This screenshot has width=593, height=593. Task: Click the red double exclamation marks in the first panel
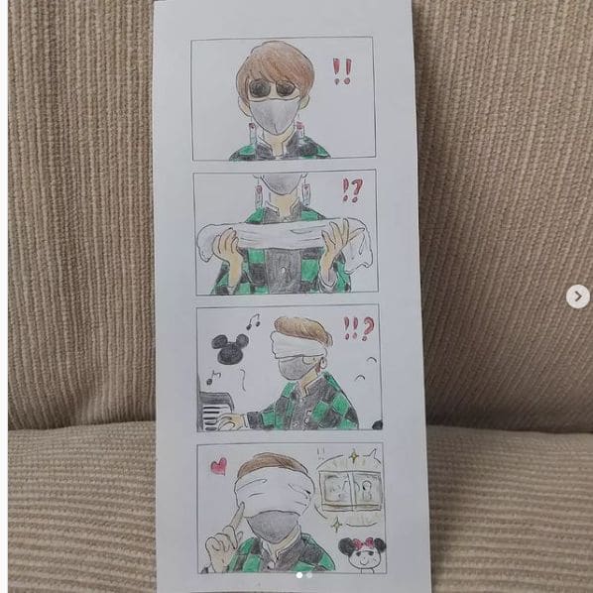pyautogui.click(x=342, y=71)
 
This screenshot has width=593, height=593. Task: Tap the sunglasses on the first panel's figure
pyautogui.click(x=273, y=89)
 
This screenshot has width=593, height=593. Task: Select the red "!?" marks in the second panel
pyautogui.click(x=352, y=190)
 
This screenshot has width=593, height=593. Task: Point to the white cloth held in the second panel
pyautogui.click(x=282, y=238)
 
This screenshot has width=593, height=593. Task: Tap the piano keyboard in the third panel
pyautogui.click(x=215, y=412)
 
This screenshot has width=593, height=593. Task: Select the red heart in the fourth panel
pyautogui.click(x=219, y=466)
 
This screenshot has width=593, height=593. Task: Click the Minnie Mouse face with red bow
pyautogui.click(x=362, y=553)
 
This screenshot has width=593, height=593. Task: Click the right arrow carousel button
pyautogui.click(x=577, y=296)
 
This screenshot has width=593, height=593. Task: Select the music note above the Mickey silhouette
pyautogui.click(x=253, y=321)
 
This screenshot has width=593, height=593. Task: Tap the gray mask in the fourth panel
pyautogui.click(x=272, y=526)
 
